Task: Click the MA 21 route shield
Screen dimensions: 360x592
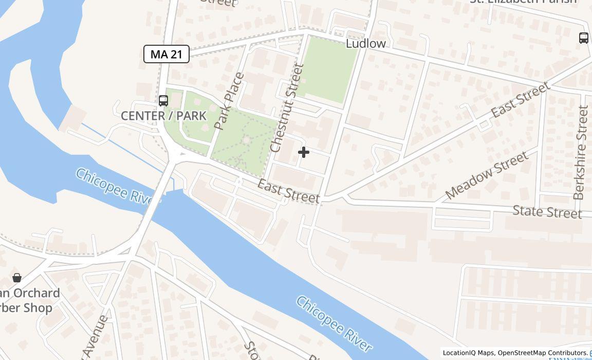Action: tap(166, 54)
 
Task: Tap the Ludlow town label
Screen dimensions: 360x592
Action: tap(365, 43)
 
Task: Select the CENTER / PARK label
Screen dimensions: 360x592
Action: tap(163, 116)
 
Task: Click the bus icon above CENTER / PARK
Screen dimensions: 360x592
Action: tap(163, 100)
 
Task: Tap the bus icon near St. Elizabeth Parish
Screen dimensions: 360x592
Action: tap(584, 38)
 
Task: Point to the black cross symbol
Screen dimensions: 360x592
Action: tap(304, 152)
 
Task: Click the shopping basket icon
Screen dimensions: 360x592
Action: tap(17, 278)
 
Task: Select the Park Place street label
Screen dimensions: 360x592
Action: tap(229, 101)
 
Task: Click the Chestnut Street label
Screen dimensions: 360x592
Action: tap(284, 108)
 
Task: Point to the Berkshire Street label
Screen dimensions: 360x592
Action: tap(580, 152)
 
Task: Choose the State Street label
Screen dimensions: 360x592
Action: tap(547, 211)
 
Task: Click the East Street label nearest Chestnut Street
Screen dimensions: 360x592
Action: tap(288, 191)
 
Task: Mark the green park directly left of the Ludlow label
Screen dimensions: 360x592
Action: tap(327, 69)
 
